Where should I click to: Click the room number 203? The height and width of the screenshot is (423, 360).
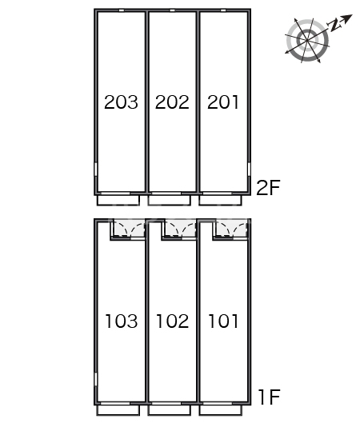pyautogui.click(x=121, y=102)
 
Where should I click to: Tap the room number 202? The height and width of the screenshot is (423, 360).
pyautogui.click(x=172, y=102)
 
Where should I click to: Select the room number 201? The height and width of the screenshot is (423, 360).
pyautogui.click(x=223, y=102)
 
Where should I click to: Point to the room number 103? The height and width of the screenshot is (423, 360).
pyautogui.click(x=122, y=321)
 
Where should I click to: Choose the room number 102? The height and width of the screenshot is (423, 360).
pyautogui.click(x=173, y=321)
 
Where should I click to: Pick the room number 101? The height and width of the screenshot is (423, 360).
pyautogui.click(x=223, y=321)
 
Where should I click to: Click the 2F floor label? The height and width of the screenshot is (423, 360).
pyautogui.click(x=268, y=187)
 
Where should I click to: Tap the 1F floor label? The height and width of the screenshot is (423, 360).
pyautogui.click(x=270, y=397)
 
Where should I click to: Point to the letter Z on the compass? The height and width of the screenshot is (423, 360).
pyautogui.click(x=334, y=25)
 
